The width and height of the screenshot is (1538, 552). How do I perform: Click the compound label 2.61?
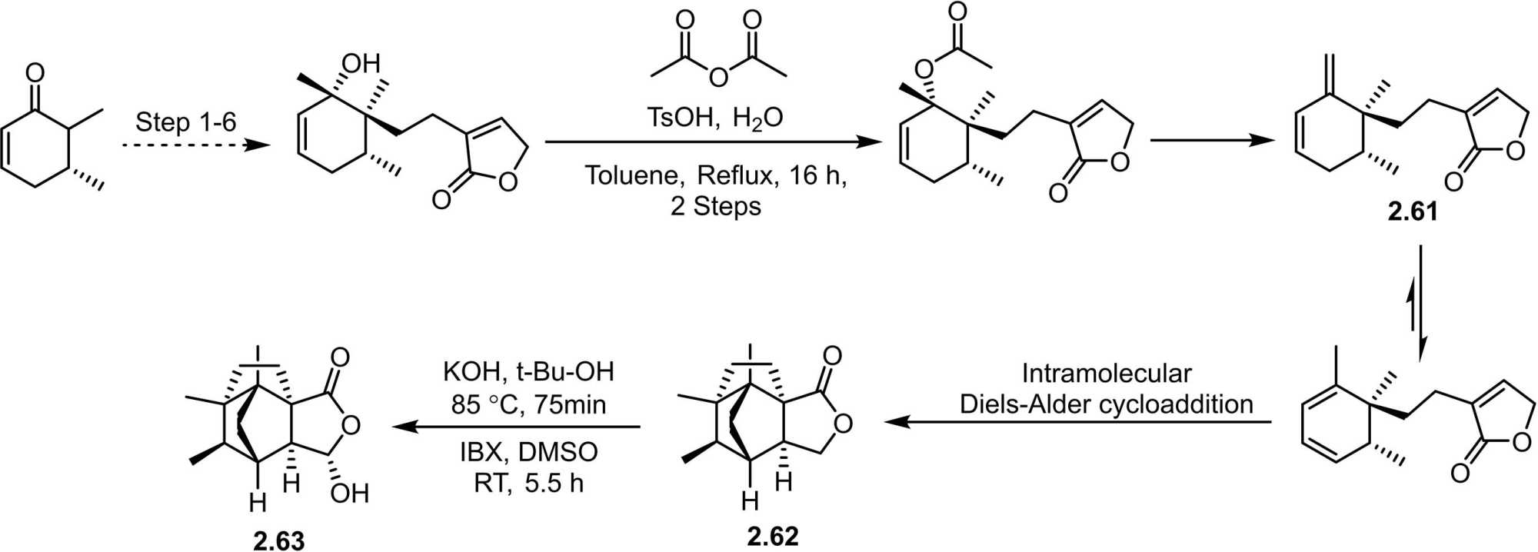coord(1412,211)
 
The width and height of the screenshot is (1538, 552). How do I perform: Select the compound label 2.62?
coord(772,535)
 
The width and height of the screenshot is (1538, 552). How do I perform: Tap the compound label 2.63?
coord(278,540)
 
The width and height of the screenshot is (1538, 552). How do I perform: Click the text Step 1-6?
coord(186,121)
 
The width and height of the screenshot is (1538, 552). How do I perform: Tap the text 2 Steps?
coord(715,206)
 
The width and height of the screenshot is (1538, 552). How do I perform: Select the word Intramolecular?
coord(1106,374)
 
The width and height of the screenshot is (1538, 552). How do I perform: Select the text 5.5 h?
coord(554,484)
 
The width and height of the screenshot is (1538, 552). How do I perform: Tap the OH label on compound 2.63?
coord(350,493)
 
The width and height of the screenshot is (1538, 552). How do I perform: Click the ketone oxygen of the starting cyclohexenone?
coord(35,73)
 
